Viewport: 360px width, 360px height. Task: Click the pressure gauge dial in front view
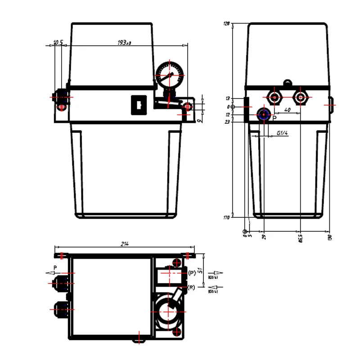[171, 73]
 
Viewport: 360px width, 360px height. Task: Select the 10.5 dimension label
[58, 42]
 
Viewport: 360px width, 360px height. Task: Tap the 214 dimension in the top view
[125, 244]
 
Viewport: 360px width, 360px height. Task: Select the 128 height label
[227, 24]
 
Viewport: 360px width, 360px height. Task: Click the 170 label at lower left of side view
[226, 217]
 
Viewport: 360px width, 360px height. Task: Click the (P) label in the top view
[192, 273]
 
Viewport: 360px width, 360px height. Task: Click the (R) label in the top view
[192, 287]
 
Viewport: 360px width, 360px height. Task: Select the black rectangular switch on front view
[137, 105]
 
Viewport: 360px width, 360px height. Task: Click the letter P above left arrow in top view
[55, 267]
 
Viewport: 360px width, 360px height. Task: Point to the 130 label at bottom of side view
[329, 237]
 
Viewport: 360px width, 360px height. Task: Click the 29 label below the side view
[264, 236]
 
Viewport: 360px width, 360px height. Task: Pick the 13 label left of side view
[227, 98]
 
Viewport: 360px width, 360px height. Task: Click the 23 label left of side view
[227, 121]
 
